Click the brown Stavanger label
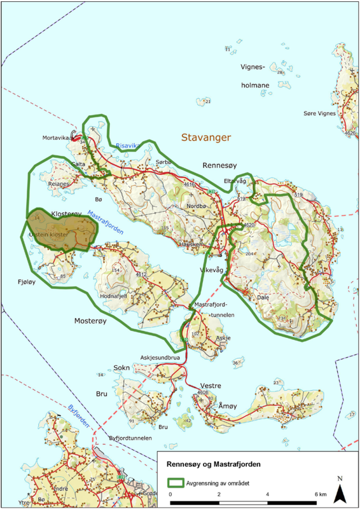pos(205,137)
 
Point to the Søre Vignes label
pos(319,113)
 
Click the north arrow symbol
pos(340,490)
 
